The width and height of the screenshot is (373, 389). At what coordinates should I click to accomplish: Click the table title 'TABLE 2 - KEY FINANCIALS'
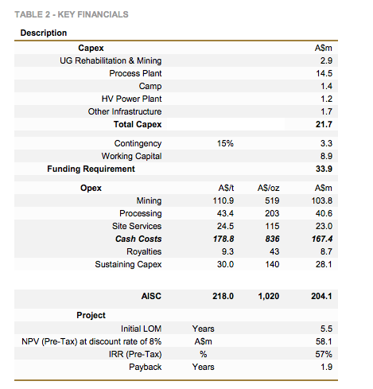click(x=72, y=14)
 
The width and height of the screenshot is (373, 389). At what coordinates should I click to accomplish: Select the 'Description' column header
click(x=44, y=33)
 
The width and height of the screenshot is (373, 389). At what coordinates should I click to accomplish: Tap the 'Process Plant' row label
click(x=135, y=73)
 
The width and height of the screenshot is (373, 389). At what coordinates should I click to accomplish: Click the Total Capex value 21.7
click(x=324, y=124)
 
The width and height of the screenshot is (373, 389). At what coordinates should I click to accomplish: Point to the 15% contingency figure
click(x=225, y=143)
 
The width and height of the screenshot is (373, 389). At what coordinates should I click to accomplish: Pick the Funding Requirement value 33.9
click(x=324, y=169)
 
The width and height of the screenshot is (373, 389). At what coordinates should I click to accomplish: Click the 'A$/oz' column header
click(x=268, y=188)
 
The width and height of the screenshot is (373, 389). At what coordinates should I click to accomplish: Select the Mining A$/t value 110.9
click(x=223, y=200)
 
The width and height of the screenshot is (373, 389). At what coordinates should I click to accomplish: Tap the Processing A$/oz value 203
click(x=272, y=213)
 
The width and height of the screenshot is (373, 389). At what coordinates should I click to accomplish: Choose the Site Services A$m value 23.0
click(x=324, y=226)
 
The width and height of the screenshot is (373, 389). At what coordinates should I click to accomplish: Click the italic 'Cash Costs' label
click(x=138, y=239)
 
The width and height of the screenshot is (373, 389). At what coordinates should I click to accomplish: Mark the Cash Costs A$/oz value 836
click(x=272, y=239)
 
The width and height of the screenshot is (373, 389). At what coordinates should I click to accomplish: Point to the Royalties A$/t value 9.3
click(x=227, y=251)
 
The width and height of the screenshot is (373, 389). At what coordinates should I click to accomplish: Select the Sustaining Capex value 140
click(x=272, y=264)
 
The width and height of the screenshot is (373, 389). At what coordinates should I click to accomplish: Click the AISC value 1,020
click(x=269, y=296)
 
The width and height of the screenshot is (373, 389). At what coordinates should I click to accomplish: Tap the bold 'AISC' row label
click(x=151, y=296)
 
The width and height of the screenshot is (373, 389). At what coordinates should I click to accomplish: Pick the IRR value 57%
click(x=324, y=354)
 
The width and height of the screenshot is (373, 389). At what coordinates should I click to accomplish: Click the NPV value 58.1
click(x=324, y=341)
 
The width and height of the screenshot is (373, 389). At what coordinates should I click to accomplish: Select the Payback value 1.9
click(x=326, y=367)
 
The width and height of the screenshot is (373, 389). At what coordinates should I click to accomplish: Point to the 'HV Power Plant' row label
click(x=131, y=99)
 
